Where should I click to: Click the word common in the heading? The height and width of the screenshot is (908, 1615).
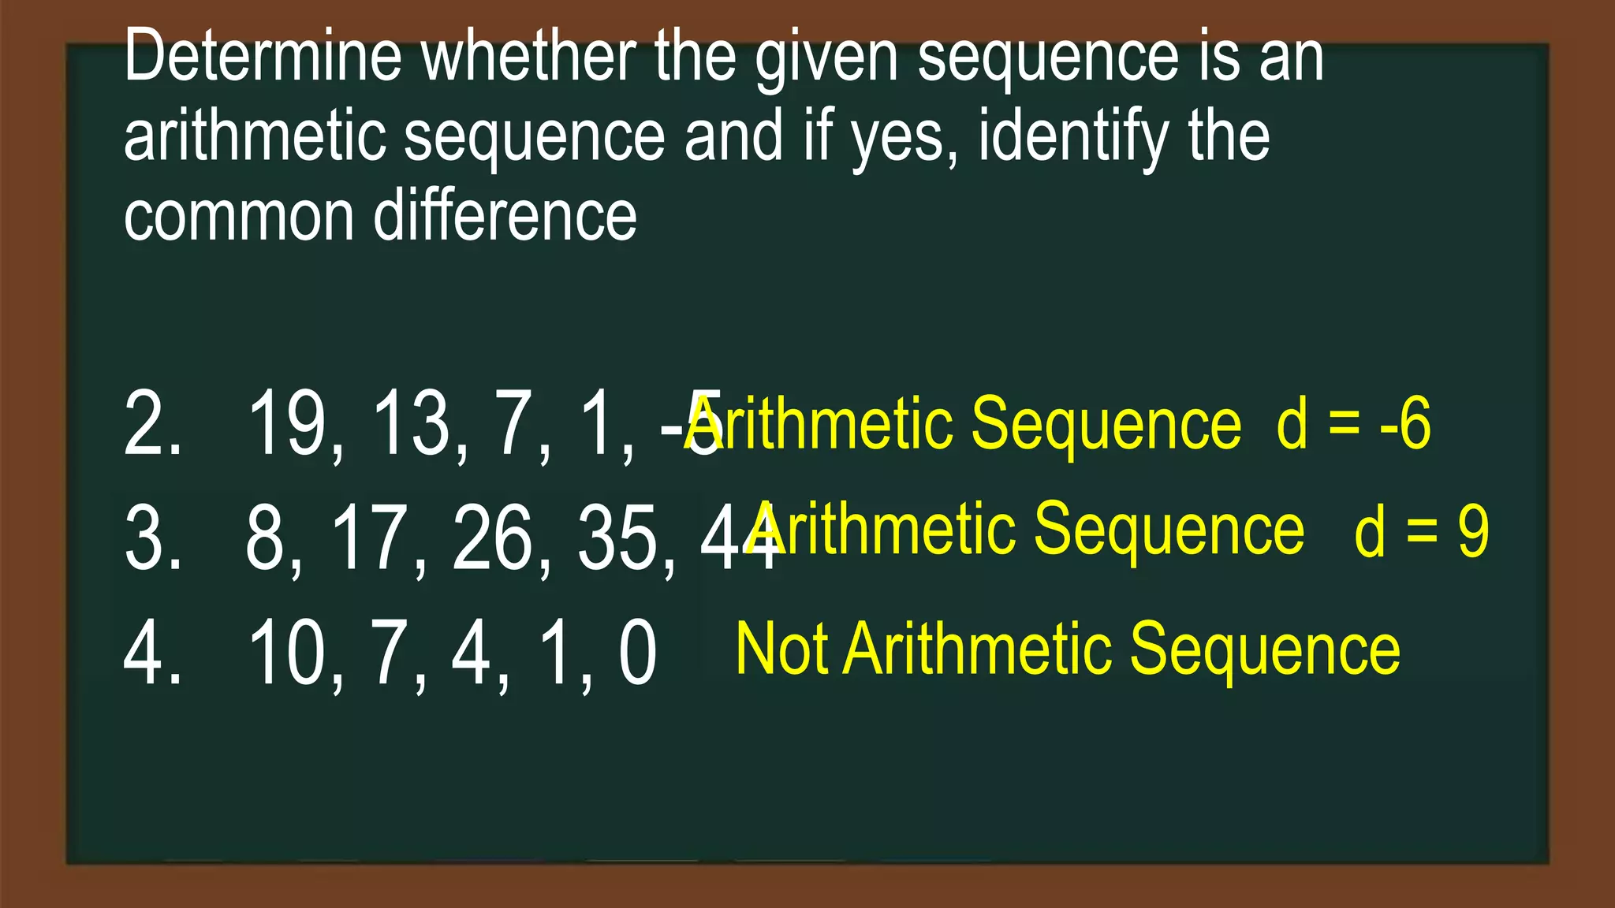click(x=239, y=218)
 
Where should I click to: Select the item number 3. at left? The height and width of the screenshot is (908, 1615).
click(x=152, y=539)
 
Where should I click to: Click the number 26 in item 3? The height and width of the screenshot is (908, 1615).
click(x=493, y=539)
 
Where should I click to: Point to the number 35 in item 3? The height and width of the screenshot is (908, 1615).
click(x=617, y=539)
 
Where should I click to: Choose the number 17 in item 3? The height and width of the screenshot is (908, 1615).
click(x=369, y=539)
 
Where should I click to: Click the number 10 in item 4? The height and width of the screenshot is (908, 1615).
click(x=287, y=653)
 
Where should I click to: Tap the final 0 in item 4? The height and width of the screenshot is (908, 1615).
click(x=637, y=653)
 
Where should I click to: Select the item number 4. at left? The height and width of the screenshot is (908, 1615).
click(x=152, y=653)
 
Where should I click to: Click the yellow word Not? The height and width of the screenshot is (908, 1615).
click(x=781, y=649)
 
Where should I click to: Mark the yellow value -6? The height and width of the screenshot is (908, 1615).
click(x=1405, y=424)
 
